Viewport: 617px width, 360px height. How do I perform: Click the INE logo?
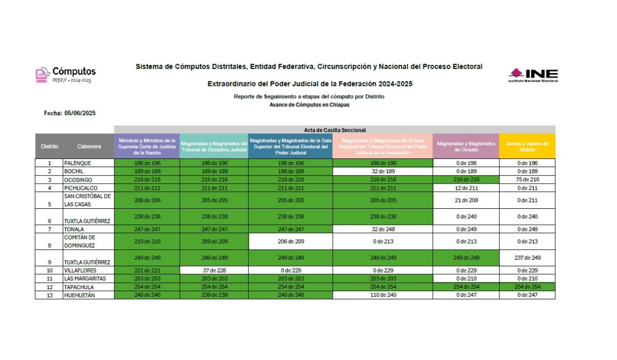[533, 75]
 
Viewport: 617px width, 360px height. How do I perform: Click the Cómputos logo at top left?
[66, 74]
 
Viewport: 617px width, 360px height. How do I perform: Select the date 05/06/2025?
[80, 113]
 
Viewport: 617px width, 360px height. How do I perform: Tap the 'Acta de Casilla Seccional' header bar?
[334, 130]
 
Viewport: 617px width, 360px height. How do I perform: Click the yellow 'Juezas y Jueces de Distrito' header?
[527, 146]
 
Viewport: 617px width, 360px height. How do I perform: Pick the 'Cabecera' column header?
[88, 146]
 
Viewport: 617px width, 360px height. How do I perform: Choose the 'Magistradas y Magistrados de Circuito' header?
[466, 146]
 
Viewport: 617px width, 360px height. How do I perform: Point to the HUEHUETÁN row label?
[80, 295]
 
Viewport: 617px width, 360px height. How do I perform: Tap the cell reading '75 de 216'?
[527, 180]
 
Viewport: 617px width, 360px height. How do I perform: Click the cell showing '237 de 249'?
[527, 258]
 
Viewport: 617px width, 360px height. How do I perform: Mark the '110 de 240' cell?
[383, 295]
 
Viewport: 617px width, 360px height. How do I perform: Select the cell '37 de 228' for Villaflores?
[213, 271]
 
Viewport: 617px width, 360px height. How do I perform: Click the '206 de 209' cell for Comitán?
[290, 241]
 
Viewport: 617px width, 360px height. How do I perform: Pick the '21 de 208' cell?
[466, 200]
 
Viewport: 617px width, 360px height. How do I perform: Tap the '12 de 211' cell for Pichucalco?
[466, 188]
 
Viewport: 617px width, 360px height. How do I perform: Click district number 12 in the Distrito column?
[49, 287]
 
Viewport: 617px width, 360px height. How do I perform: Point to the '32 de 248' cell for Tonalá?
[383, 229]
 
